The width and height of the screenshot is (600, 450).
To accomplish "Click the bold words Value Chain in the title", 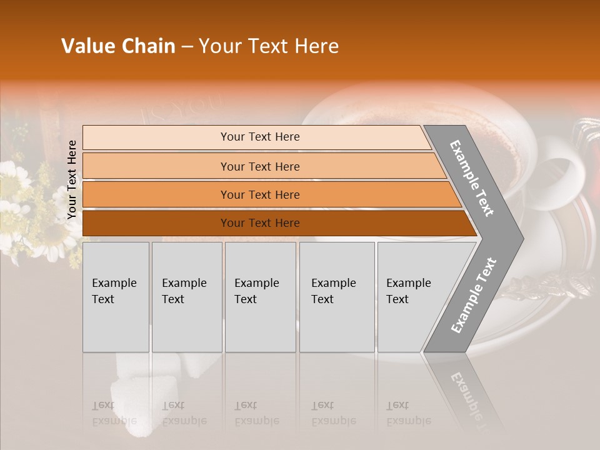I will (118, 46).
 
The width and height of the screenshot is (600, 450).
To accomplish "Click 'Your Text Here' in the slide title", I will (269, 46).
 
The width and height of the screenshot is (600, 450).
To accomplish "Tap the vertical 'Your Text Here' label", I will (72, 179).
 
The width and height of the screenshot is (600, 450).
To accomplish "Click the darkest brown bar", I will (156, 223).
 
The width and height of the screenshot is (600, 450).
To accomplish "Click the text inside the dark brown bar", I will (260, 223).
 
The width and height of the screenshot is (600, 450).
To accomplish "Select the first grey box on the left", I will (116, 297).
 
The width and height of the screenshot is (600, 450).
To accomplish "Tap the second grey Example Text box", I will (186, 297).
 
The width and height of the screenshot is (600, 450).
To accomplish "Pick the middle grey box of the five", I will (260, 297).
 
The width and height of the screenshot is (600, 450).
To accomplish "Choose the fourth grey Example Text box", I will (336, 297).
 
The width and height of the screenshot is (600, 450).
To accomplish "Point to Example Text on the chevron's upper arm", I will (472, 179).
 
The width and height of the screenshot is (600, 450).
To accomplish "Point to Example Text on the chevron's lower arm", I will (474, 295).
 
